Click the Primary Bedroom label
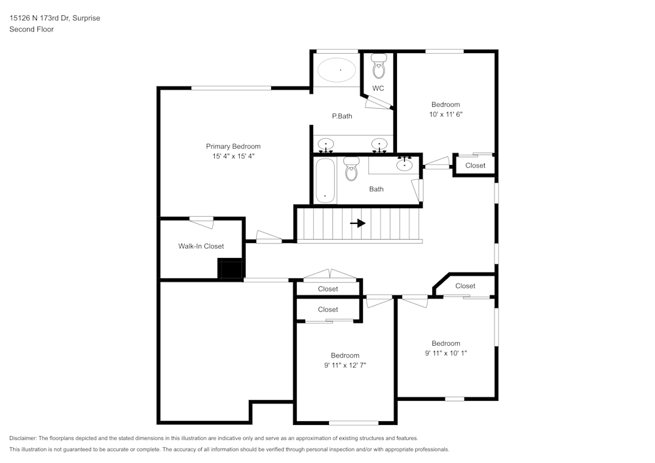(x=233, y=146)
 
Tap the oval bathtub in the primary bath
(x=337, y=69)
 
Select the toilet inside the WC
(x=379, y=66)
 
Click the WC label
(x=378, y=88)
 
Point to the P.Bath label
(x=342, y=116)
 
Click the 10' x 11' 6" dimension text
(x=445, y=114)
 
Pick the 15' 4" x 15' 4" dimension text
(x=233, y=157)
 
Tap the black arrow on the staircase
(x=358, y=223)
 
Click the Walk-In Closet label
(x=201, y=246)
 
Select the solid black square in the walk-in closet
(x=230, y=269)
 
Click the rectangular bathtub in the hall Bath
(x=325, y=179)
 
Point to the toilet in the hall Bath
(x=352, y=169)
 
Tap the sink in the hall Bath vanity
(x=405, y=164)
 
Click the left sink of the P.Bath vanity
(x=326, y=144)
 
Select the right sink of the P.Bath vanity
(x=379, y=144)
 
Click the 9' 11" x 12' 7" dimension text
(x=345, y=365)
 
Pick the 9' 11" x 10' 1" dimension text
(x=445, y=353)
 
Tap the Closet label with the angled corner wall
(x=465, y=286)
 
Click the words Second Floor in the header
(x=31, y=29)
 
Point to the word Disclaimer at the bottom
(x=23, y=438)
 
